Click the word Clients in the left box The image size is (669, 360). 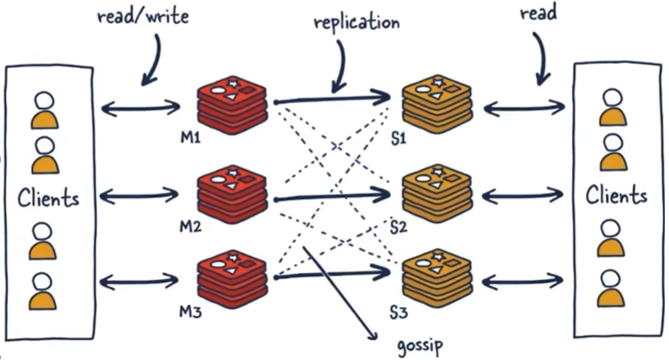click(48, 199)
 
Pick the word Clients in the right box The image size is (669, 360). click(617, 196)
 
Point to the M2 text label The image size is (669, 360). click(188, 228)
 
